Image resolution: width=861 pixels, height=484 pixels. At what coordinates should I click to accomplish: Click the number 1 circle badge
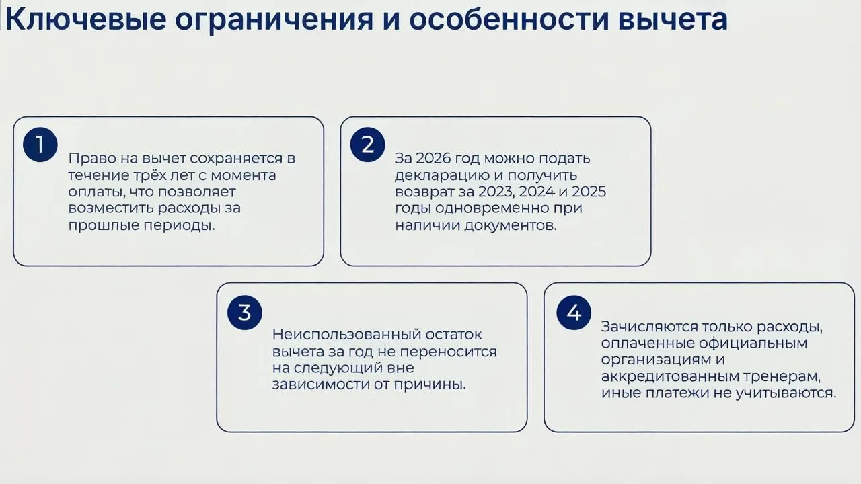(40, 145)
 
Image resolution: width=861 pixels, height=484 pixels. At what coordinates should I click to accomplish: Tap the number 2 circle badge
(367, 145)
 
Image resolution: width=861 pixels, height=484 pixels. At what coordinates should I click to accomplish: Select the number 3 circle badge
(245, 313)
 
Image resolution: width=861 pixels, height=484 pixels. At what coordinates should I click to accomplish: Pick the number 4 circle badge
(574, 313)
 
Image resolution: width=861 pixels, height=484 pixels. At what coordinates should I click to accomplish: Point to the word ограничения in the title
(274, 21)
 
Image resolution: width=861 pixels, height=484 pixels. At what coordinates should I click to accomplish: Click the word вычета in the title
(673, 20)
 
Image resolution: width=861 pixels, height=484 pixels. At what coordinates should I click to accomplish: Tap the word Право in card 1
(92, 159)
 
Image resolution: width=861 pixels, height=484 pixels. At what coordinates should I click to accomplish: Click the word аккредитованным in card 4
(669, 376)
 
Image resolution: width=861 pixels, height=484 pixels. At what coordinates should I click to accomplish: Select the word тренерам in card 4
(782, 377)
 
